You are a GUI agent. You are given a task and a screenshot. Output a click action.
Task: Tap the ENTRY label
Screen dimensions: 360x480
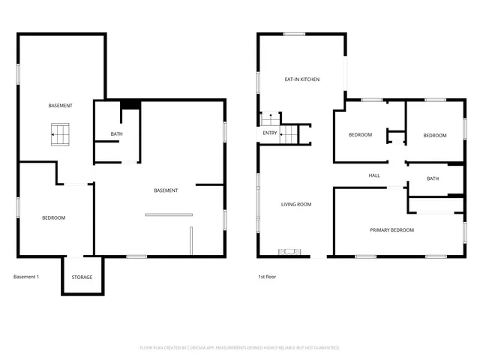coord(270,133)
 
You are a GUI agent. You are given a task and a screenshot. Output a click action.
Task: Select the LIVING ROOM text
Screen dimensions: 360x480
coord(296,204)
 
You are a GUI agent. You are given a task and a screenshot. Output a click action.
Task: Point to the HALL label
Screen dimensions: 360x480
coord(374,175)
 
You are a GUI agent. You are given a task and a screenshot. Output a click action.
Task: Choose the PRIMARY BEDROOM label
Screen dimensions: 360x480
coord(391,229)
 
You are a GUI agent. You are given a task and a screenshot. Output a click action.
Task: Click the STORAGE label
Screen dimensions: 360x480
coord(82,277)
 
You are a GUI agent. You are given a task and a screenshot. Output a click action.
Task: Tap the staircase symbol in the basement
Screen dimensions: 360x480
coord(60,134)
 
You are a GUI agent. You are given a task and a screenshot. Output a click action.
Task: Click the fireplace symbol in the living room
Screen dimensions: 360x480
coord(289,252)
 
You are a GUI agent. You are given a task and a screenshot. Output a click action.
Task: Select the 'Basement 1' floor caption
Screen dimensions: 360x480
coord(26,277)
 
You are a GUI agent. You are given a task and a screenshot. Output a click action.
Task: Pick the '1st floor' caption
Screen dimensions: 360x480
coord(268,277)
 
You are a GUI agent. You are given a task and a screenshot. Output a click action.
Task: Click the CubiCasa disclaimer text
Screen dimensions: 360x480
coord(240,347)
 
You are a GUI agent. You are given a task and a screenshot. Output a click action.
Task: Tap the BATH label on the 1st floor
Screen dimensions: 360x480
coord(433,178)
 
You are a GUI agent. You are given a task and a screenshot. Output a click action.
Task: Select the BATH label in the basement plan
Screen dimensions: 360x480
coord(116,134)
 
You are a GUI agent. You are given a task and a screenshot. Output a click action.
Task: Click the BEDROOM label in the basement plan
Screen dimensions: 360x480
coord(53,217)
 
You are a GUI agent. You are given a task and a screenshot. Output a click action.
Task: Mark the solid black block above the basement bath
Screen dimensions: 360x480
coord(130,105)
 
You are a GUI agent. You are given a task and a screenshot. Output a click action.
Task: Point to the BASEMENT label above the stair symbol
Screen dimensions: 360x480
coord(60,105)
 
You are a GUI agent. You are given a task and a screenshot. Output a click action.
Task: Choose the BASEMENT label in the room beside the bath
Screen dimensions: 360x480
coord(166,190)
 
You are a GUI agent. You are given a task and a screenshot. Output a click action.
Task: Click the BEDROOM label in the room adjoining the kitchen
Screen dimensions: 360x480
coord(360,135)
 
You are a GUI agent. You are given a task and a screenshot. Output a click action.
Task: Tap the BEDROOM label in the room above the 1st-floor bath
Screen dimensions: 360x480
coord(434,135)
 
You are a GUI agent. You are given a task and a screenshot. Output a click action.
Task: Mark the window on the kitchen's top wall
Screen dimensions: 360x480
coord(294,34)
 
